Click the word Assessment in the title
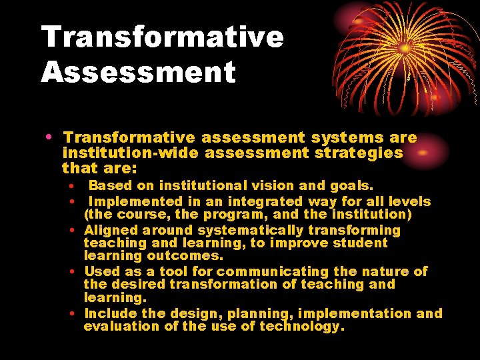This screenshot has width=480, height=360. pos(139,72)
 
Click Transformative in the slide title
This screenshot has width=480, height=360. pos(163,37)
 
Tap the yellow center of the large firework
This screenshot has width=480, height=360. pos(404,49)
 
